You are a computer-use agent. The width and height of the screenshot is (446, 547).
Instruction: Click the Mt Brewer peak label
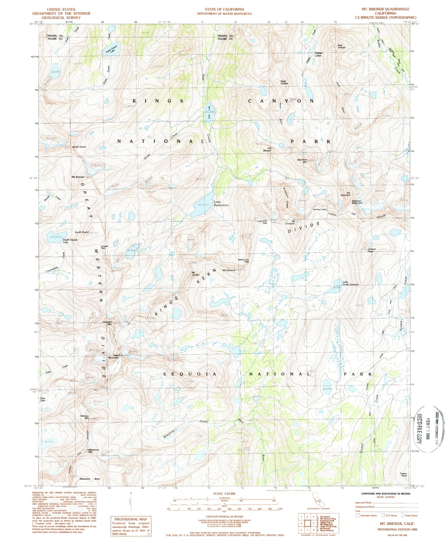click(78, 177)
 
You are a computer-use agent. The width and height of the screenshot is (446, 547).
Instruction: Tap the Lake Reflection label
click(221, 203)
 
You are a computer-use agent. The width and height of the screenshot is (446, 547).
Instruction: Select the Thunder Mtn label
click(107, 323)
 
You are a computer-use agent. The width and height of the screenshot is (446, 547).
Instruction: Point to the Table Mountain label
click(113, 357)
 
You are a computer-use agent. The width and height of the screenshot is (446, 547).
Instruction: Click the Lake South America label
click(350, 283)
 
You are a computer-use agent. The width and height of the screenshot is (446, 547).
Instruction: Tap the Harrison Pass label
click(319, 209)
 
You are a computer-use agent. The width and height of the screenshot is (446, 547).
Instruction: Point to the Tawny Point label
click(403, 475)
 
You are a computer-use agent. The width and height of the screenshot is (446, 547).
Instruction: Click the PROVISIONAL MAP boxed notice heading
click(131, 519)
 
